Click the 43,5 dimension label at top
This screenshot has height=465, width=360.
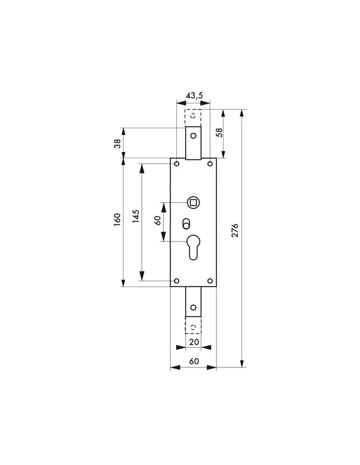193,96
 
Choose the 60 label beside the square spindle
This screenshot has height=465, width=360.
157,221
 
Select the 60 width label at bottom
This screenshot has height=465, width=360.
193,362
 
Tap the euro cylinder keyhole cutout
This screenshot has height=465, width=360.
193,247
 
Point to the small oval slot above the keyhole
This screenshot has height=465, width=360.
186,224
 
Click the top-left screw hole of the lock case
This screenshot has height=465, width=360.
176,164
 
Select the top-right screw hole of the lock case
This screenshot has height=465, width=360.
210,164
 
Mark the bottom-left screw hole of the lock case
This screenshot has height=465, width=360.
176,281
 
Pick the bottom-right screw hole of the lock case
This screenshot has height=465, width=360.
210,281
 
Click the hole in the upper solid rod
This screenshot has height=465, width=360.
193,136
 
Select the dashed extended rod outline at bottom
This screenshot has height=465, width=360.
193,327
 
